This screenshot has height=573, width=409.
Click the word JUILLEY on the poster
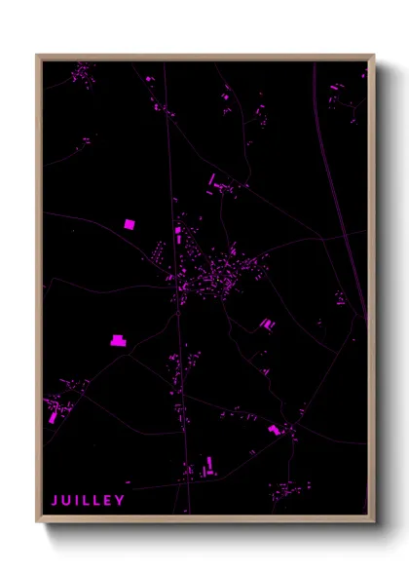click(88, 501)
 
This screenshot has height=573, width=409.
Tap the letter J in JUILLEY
click(55, 501)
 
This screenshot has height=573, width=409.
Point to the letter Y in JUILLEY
click(121, 501)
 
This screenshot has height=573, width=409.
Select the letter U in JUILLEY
click(66, 501)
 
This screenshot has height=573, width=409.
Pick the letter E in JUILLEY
click(108, 501)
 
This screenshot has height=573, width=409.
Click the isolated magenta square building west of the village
click(129, 224)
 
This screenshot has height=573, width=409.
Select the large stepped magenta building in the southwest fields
click(117, 340)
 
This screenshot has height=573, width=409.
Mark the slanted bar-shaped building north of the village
click(212, 178)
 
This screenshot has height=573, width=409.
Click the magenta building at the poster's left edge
click(53, 417)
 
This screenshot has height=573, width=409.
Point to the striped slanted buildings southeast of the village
click(266, 324)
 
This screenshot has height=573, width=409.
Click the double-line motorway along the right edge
click(341, 195)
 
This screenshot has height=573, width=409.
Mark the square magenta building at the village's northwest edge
click(178, 232)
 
